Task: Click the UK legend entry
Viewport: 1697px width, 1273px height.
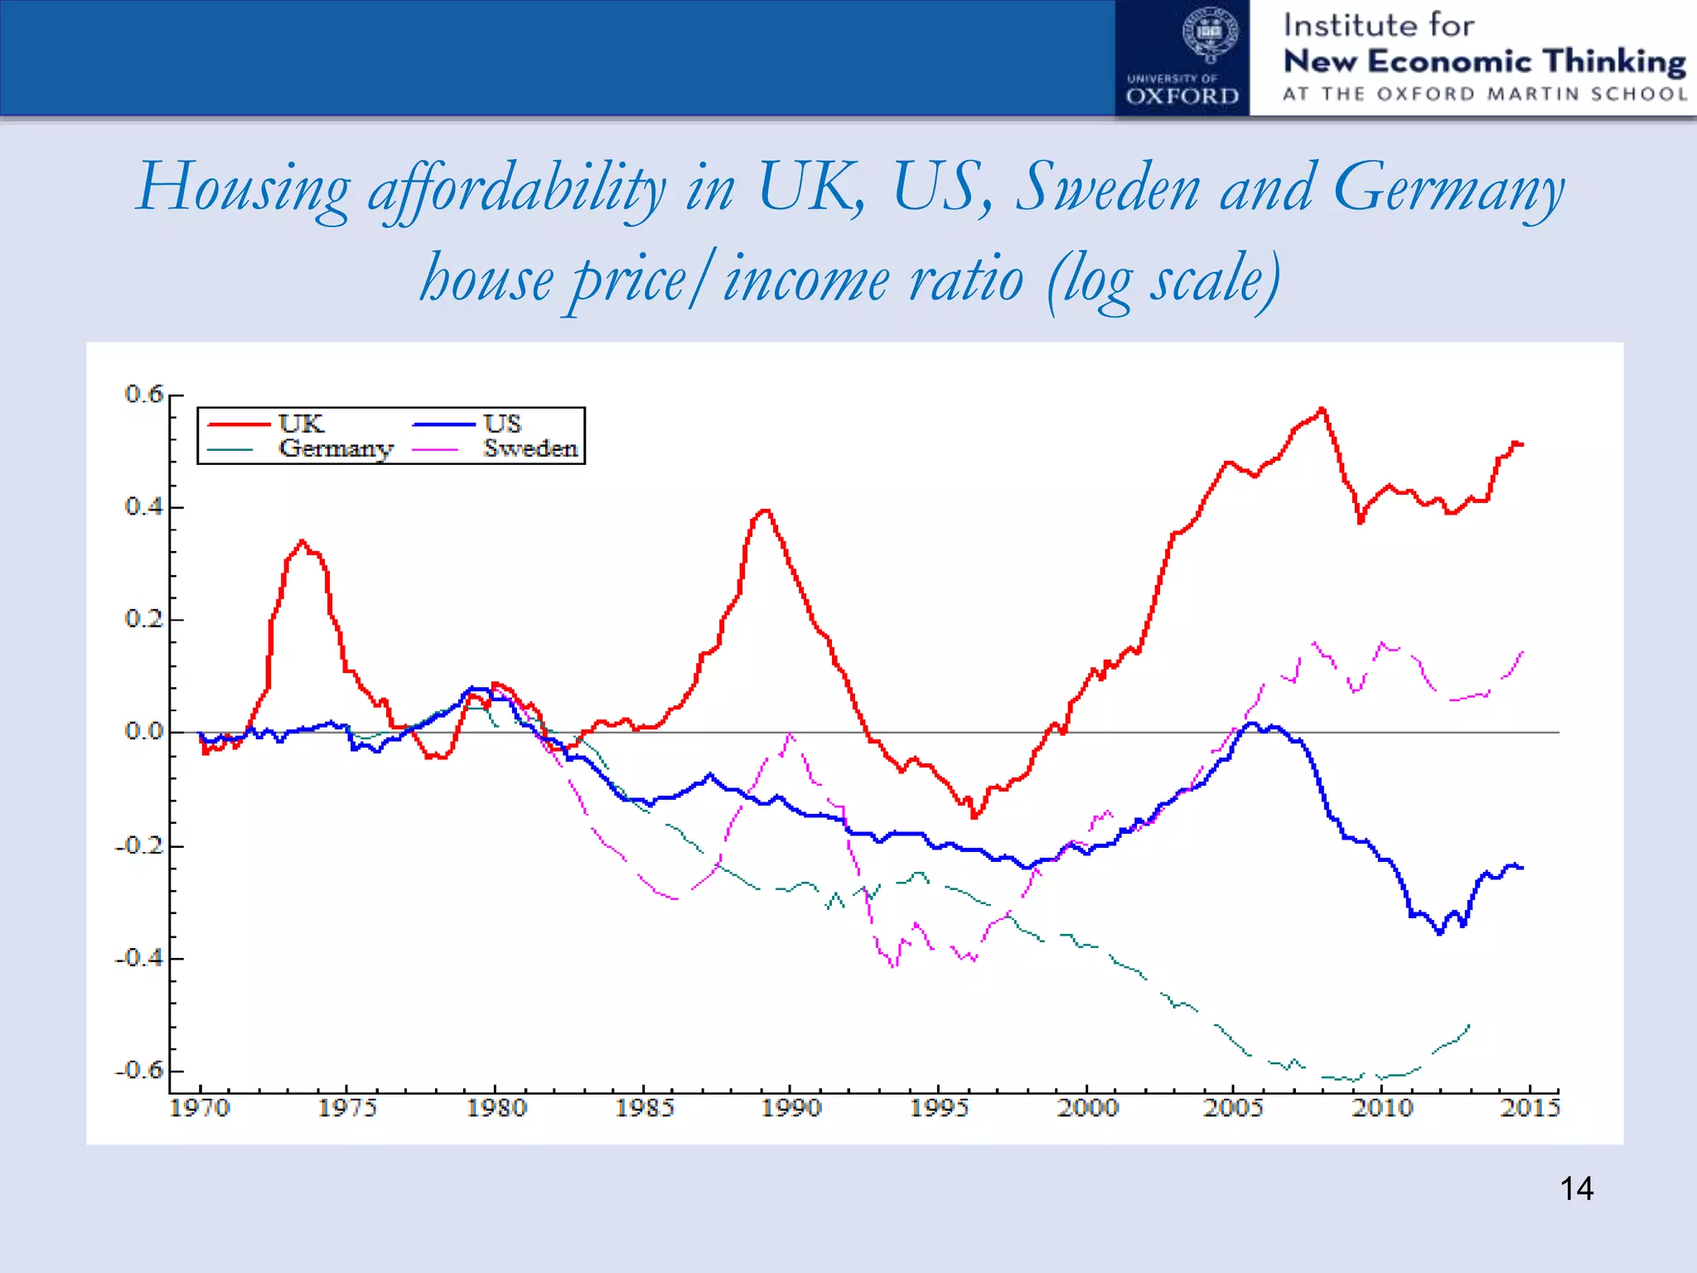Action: coord(300,424)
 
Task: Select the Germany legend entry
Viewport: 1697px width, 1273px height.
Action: coord(335,448)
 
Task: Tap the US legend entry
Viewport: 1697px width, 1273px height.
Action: coord(502,424)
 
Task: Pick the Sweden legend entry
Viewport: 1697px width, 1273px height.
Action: coord(530,448)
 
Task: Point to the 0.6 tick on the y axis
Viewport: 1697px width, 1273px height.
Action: coord(144,394)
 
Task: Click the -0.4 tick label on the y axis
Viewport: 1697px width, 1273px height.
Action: coord(139,958)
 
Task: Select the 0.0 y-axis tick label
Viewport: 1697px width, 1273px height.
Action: coord(144,732)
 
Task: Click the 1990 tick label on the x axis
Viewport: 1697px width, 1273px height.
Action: coord(791,1108)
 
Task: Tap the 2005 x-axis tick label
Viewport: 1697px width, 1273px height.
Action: coord(1233,1108)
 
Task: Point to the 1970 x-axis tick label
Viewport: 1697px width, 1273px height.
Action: coord(200,1108)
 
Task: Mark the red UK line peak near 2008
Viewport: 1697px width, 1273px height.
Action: coord(1322,409)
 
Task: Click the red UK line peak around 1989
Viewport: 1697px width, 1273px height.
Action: coord(766,511)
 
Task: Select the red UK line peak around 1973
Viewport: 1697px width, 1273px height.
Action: coord(302,541)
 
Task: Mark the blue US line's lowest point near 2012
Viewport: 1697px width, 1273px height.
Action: coord(1440,933)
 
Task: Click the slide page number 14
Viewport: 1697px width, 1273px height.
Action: coord(1576,1189)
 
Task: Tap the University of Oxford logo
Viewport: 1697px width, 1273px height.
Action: coord(1182,58)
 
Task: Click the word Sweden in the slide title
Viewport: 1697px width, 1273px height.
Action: coord(1108,188)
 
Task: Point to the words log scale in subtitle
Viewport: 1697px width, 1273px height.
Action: coord(1164,280)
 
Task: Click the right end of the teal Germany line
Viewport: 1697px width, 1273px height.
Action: coord(1469,1026)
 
